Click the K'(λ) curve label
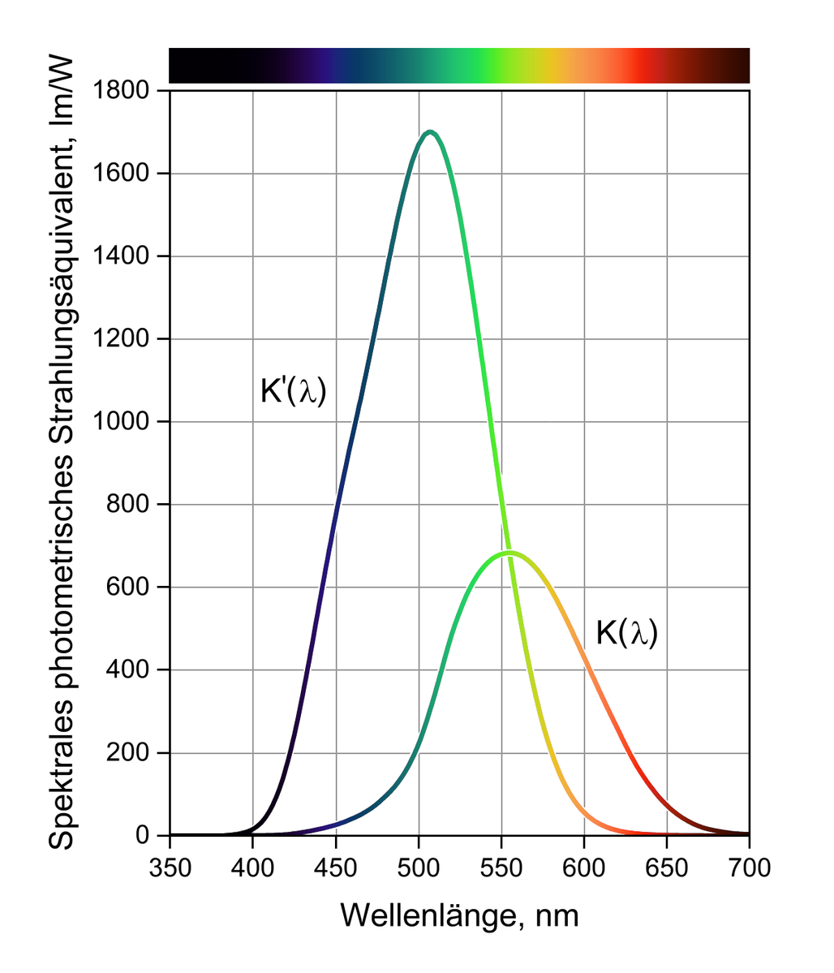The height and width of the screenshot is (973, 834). click(293, 391)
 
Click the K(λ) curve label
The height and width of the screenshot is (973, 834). click(627, 632)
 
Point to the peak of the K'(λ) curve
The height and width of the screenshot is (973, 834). click(430, 132)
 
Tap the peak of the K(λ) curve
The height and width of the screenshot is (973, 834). click(509, 552)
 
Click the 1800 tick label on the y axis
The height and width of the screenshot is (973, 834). click(121, 91)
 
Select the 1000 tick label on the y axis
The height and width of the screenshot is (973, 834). click(121, 421)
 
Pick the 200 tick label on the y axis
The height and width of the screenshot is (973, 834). click(128, 753)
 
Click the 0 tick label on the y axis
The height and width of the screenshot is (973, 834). click(143, 835)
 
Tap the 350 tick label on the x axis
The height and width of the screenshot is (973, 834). click(170, 868)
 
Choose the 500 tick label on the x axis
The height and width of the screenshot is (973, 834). click(419, 868)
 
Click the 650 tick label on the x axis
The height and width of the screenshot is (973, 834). click(667, 868)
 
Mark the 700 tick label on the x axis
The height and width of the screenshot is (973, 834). click(750, 868)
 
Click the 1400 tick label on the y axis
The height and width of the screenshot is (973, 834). click(121, 256)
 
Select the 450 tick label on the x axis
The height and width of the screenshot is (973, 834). click(336, 868)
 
